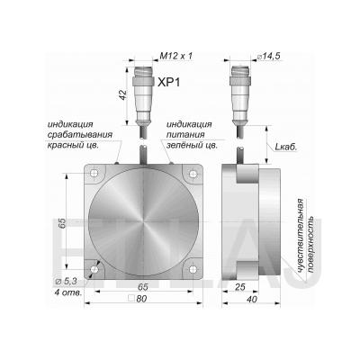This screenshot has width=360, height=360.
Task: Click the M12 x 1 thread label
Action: coord(175,56)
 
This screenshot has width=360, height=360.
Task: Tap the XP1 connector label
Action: coord(169,82)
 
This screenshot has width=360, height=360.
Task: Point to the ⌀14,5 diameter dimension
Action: coord(269,56)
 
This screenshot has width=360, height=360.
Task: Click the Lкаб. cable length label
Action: coord(286,147)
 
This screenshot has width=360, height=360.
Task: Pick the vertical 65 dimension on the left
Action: coord(62,223)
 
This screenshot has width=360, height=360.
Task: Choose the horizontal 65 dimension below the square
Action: coord(143,286)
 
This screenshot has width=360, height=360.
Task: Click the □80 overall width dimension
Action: coord(138,299)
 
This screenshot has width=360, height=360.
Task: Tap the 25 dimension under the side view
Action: coord(240,287)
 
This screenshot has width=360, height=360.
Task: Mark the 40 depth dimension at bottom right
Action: coord(251,299)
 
